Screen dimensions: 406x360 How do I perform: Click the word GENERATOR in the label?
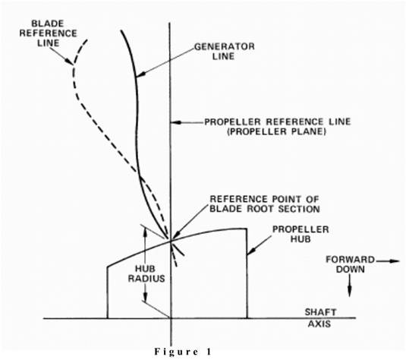[x=225, y=46]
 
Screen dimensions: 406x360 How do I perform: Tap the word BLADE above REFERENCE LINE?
[x=48, y=24]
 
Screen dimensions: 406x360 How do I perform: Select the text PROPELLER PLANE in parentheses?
[x=276, y=131]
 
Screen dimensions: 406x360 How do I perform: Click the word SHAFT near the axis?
[x=320, y=312]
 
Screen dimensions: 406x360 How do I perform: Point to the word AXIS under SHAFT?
[x=319, y=324]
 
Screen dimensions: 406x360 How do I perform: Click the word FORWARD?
[x=350, y=260]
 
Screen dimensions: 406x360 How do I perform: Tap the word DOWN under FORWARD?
[x=350, y=270]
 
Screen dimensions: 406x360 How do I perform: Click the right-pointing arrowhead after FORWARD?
[x=395, y=261]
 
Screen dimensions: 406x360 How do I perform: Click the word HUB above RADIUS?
[x=146, y=269]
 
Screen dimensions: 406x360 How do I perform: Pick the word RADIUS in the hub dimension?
[x=146, y=279]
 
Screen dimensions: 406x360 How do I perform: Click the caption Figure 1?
[x=183, y=352]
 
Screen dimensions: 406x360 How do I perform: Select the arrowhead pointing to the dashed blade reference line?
[x=69, y=62]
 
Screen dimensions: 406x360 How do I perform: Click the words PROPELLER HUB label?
[x=301, y=234]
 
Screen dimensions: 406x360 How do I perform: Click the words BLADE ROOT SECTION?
[x=265, y=209]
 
